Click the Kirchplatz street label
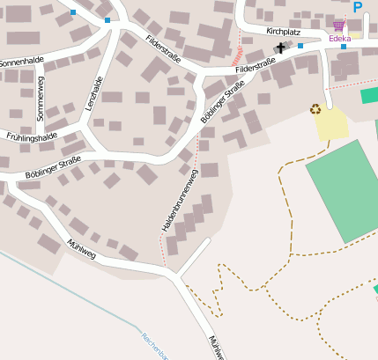283,31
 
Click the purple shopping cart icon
338,26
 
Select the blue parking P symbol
358,7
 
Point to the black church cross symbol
281,48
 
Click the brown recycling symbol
315,109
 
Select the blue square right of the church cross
300,46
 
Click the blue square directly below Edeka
343,47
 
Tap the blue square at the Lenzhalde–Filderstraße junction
107,19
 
